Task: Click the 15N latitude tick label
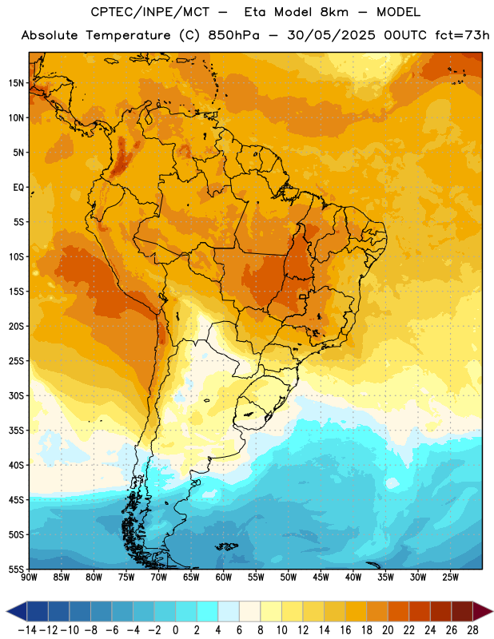16,83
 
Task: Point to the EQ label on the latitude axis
18,188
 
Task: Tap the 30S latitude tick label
16,395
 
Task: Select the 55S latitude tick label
16,569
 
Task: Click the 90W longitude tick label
30,577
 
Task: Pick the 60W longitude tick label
224,577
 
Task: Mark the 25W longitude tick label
450,577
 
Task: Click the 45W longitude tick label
321,577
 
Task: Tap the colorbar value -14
27,630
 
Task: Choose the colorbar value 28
472,630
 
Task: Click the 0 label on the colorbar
176,630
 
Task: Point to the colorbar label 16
345,630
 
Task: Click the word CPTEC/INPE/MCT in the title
150,12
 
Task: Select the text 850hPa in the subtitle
233,35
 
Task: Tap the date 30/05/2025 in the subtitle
331,35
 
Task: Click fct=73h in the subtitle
462,35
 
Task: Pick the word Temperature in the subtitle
128,35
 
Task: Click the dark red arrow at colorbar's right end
483,611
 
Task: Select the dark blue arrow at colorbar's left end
17,611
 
